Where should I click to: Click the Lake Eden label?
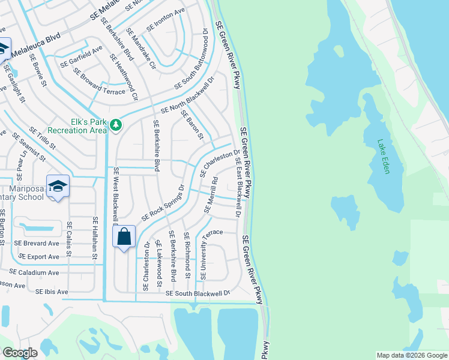384,157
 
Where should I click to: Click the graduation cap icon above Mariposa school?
58,185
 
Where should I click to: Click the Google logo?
20,353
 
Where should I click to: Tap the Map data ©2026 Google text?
411,355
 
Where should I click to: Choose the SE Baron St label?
192,127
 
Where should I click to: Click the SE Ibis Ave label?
52,292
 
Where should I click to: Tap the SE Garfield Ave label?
80,57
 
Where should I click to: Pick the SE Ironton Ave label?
166,21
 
